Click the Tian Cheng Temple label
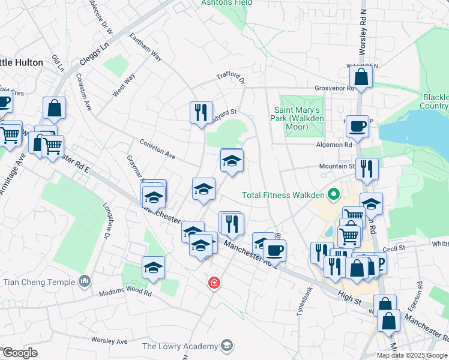[40, 281]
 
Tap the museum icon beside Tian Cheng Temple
[85, 281]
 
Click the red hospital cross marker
[213, 283]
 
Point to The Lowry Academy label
[180, 346]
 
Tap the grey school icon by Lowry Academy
[226, 345]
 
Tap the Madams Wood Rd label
[125, 293]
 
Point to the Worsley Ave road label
[109, 341]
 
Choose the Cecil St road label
[394, 247]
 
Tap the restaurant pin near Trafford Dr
[200, 112]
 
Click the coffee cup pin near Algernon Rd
[358, 127]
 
